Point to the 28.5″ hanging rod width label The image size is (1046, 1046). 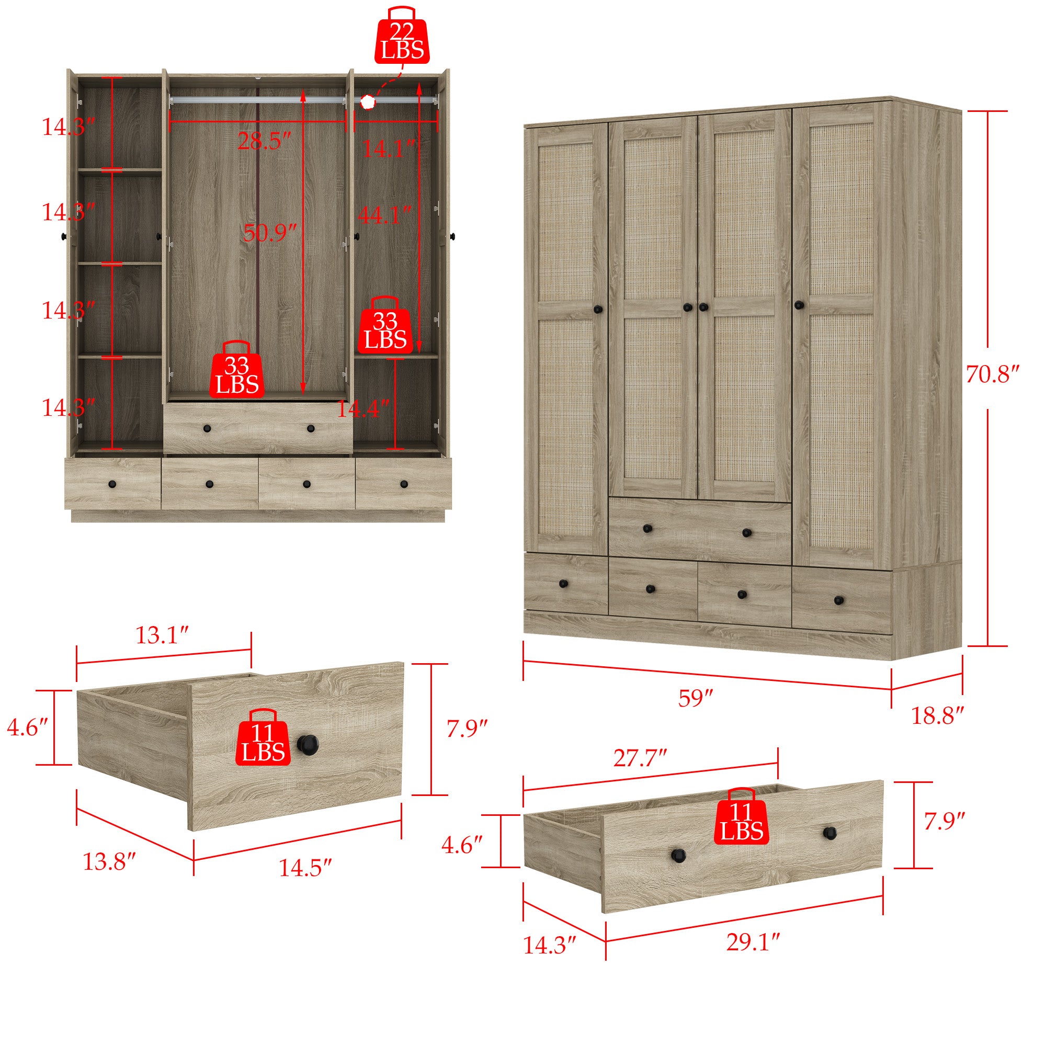(x=264, y=142)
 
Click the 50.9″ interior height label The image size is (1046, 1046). (x=269, y=233)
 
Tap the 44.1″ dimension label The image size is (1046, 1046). (x=385, y=215)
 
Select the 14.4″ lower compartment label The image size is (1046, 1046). (x=363, y=409)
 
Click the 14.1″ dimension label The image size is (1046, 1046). (x=388, y=149)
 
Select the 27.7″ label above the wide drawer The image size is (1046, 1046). (x=639, y=759)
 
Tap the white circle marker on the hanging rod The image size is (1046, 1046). (x=368, y=101)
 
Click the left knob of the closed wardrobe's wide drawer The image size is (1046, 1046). (x=647, y=528)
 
